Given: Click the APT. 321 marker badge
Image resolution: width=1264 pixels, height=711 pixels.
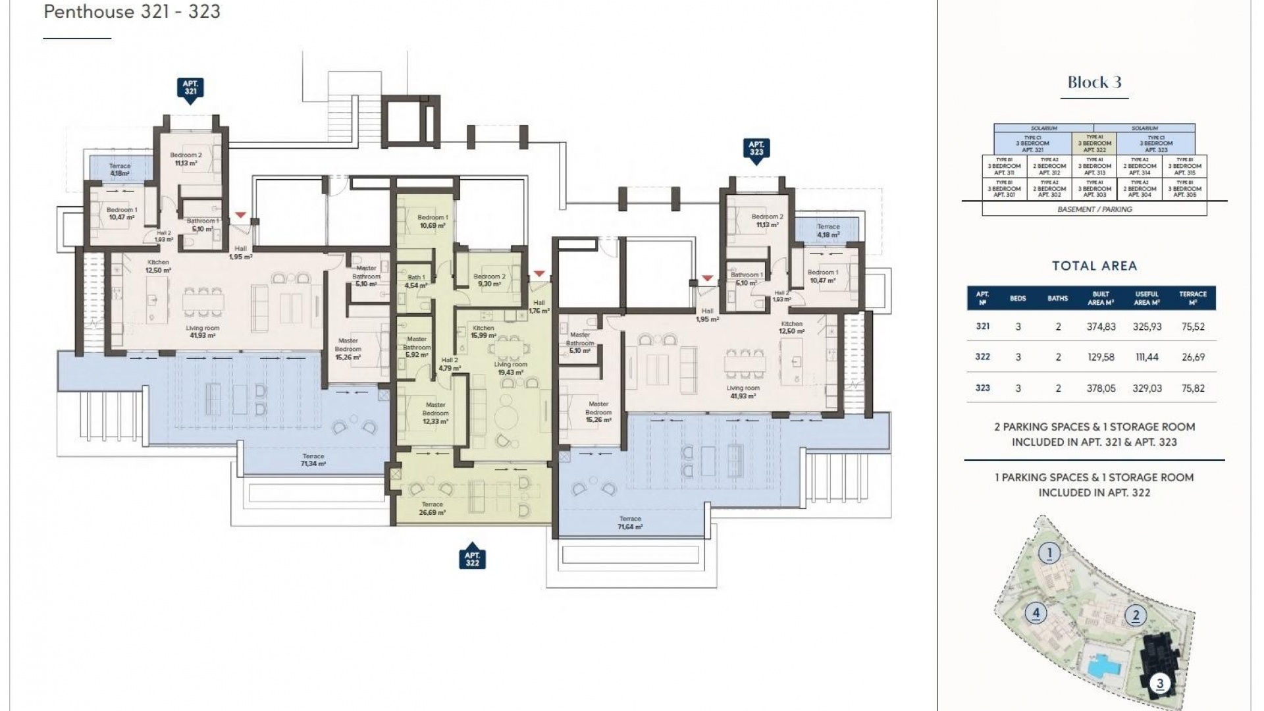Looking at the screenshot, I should [x=190, y=88].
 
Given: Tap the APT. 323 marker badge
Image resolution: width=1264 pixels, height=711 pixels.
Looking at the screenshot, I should [x=756, y=148].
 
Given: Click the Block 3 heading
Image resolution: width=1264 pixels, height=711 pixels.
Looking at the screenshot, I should [x=1094, y=82].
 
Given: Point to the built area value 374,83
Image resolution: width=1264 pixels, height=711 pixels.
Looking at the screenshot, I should [x=1101, y=327].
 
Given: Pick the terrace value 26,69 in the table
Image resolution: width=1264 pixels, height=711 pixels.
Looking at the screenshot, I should [x=1193, y=357].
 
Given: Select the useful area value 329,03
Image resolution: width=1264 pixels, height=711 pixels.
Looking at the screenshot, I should [x=1147, y=388].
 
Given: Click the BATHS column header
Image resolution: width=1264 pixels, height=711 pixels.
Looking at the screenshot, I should [x=1057, y=298].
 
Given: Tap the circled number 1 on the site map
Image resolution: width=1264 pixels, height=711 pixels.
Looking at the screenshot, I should [x=1049, y=553].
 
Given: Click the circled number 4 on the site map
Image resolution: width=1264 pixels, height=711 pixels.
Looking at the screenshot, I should [x=1036, y=614].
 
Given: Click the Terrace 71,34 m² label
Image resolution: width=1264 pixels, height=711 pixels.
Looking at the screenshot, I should [x=313, y=460].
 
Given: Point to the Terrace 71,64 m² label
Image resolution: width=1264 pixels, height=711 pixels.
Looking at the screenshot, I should [x=630, y=523].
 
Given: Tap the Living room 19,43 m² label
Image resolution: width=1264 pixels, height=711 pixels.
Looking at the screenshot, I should [x=510, y=368].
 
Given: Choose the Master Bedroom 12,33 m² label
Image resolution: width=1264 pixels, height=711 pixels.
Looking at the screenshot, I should [x=435, y=413].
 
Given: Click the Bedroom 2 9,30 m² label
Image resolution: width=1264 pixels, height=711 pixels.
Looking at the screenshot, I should [x=489, y=280].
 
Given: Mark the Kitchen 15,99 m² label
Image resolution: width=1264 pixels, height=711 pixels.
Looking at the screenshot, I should [x=483, y=332].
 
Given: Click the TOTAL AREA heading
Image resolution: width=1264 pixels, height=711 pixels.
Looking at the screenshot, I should [x=1094, y=266].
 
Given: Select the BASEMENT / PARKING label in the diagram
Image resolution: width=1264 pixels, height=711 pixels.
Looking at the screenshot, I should [x=1094, y=209].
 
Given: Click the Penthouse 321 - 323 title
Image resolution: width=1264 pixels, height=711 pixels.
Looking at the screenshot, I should [x=132, y=12].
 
